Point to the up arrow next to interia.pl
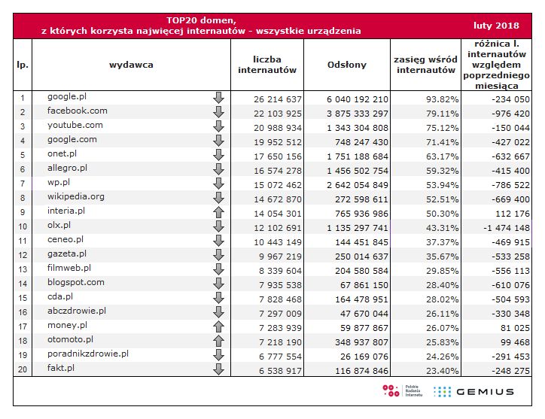pyautogui.click(x=218, y=212)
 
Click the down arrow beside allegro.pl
pyautogui.click(x=218, y=170)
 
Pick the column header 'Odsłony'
pyautogui.click(x=347, y=65)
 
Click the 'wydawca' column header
pyautogui.click(x=131, y=65)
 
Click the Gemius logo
pyautogui.click(x=475, y=391)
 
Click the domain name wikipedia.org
pyautogui.click(x=76, y=197)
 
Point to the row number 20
pyautogui.click(x=23, y=370)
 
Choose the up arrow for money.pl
pyautogui.click(x=218, y=326)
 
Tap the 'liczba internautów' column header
pyautogui.click(x=267, y=65)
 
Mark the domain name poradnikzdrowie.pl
pyautogui.click(x=88, y=354)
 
